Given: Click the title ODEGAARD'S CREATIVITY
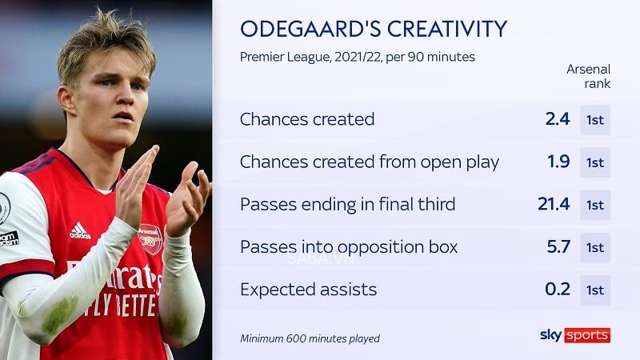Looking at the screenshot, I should [374, 29].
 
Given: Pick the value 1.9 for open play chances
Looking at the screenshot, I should [557, 162].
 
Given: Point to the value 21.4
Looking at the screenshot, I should [554, 204].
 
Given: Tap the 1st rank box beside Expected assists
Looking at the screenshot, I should [595, 290].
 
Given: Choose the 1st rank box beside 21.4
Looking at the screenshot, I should [595, 205].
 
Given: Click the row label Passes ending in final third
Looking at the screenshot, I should [347, 204].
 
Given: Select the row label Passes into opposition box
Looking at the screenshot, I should [349, 246].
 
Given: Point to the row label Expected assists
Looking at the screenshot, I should [308, 289].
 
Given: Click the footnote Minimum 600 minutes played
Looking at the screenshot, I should [310, 338].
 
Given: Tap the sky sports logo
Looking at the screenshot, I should [574, 334].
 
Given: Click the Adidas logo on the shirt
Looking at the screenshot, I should [80, 231].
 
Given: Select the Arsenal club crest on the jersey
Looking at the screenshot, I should [150, 238].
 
